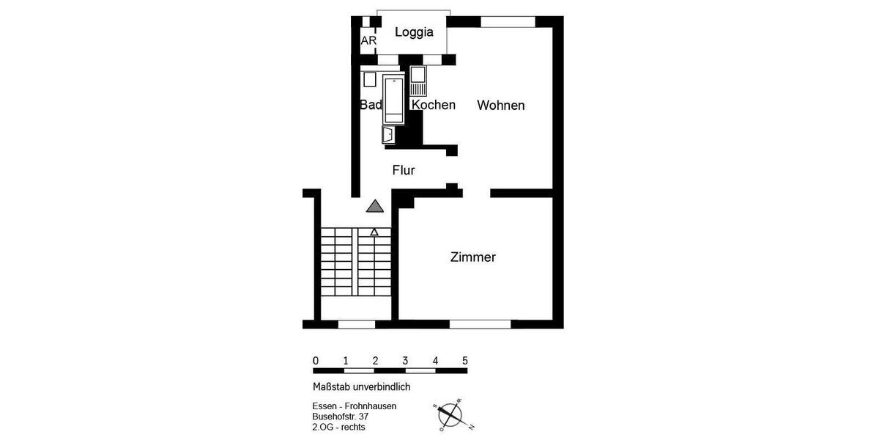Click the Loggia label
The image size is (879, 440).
414,32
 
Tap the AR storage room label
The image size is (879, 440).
368,41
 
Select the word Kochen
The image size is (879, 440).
433,105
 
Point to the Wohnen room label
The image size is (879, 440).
500,106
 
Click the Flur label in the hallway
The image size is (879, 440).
404,170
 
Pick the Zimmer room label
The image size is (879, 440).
472,257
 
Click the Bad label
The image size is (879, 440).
371,105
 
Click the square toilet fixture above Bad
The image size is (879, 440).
370,79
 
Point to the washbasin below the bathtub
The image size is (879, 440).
387,134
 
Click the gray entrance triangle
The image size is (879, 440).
375,206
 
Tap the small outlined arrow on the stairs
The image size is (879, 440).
374,232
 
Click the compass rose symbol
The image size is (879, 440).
450,415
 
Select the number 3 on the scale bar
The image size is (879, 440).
405,361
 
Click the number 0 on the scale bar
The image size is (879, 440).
315,361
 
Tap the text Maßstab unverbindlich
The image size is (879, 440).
361,386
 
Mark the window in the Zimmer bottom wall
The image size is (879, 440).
480,324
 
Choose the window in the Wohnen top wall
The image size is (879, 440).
508,22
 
